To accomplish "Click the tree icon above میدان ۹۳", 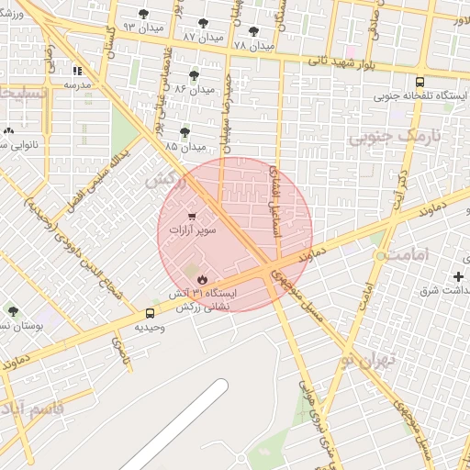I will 143,13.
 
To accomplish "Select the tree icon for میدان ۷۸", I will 253,30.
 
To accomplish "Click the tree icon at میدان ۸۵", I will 185,132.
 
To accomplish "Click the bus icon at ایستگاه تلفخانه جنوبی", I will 420,81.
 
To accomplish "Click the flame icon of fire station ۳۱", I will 202,279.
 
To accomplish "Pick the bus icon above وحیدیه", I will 150,312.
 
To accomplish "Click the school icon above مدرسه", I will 77,70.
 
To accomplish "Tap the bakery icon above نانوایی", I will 13,129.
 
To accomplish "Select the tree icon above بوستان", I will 13,311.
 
